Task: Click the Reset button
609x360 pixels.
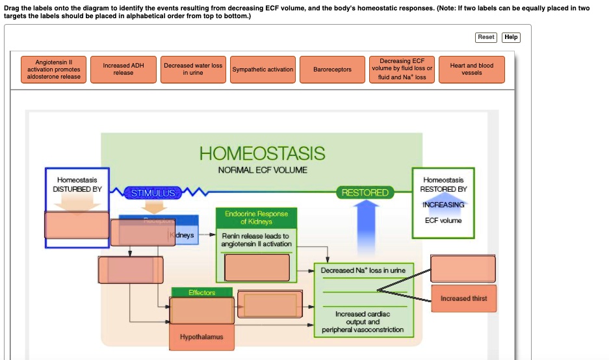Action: [x=486, y=37]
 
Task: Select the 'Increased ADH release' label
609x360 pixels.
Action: [x=123, y=69]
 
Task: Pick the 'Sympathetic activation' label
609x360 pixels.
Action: [x=263, y=70]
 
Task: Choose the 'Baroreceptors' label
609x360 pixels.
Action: [x=332, y=70]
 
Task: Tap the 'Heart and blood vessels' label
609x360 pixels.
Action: [x=472, y=69]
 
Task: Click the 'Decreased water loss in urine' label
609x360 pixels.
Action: [x=193, y=69]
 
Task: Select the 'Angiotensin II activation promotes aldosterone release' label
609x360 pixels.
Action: [x=54, y=69]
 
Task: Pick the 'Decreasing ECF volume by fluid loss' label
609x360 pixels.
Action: [x=402, y=69]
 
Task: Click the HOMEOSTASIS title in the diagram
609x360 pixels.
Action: [x=262, y=153]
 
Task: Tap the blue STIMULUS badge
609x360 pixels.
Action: [x=153, y=193]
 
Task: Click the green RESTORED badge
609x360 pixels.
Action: [x=365, y=192]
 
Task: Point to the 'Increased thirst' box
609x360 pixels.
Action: [x=463, y=298]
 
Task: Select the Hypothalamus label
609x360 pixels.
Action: [x=201, y=337]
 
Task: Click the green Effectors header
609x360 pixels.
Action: [x=201, y=292]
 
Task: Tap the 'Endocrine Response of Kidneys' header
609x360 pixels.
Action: [x=256, y=218]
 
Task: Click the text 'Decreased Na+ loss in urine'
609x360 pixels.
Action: [x=363, y=270]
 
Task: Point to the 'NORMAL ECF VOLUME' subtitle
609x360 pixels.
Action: [x=263, y=170]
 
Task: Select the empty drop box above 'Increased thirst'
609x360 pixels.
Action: [x=463, y=269]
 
